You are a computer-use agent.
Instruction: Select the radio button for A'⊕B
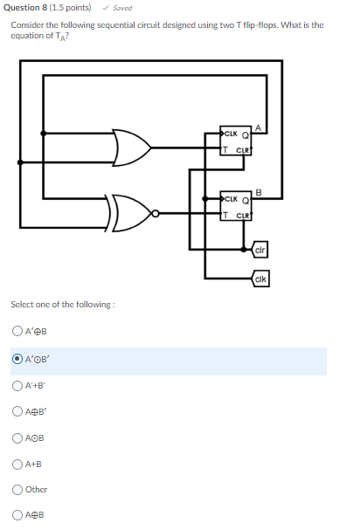17,331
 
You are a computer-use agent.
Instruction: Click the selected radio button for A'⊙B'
17,358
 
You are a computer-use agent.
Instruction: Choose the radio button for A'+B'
17,384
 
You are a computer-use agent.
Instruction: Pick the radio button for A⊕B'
17,410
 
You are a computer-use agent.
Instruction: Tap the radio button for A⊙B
17,437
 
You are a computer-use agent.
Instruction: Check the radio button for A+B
17,464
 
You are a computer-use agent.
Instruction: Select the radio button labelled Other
17,490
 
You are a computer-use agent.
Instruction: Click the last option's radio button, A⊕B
17,516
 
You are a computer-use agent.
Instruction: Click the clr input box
260,251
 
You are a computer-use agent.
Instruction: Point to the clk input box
260,279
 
